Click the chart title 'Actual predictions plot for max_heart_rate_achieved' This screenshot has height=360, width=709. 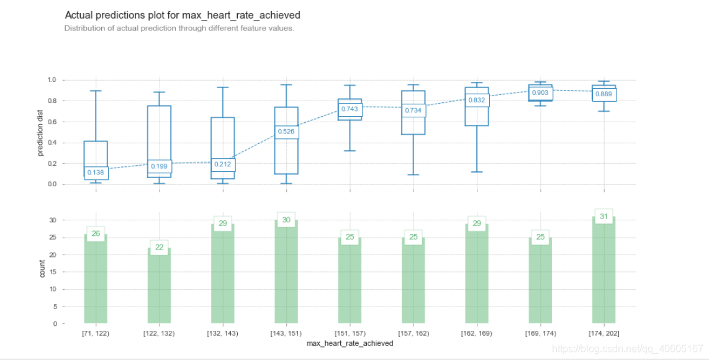pyautogui.click(x=182, y=14)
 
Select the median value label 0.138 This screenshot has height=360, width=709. pyautogui.click(x=96, y=173)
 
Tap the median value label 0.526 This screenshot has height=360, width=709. pyautogui.click(x=286, y=132)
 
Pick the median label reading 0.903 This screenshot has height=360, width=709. pyautogui.click(x=540, y=92)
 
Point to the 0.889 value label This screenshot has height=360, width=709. pyautogui.click(x=603, y=94)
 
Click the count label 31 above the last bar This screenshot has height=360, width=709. pyautogui.click(x=603, y=217)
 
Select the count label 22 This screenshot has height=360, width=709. pyautogui.click(x=159, y=247)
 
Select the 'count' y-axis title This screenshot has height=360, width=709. pyautogui.click(x=42, y=268)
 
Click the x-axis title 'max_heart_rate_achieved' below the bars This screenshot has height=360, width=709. pyautogui.click(x=350, y=343)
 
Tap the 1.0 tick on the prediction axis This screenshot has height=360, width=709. pyautogui.click(x=52, y=80)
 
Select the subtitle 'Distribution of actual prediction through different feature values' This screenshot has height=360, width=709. pyautogui.click(x=179, y=29)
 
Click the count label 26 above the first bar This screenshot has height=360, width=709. pyautogui.click(x=96, y=234)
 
